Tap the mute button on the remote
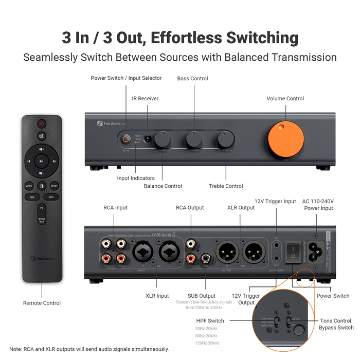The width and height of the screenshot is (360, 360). point(41,136)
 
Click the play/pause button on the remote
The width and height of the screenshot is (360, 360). point(41,161)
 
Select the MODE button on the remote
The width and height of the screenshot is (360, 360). point(29,186)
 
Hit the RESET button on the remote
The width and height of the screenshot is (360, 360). point(54,186)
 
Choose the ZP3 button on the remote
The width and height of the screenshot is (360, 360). point(51,196)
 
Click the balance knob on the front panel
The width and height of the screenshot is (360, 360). point(163,139)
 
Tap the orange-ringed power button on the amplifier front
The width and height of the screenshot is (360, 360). point(125,139)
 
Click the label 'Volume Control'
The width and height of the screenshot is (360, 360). point(285,98)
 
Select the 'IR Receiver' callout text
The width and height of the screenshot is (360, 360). point(145,98)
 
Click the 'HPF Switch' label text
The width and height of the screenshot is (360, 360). point(210,320)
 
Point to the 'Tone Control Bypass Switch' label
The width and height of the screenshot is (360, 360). point(336,324)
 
